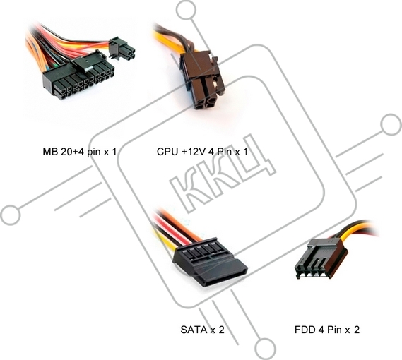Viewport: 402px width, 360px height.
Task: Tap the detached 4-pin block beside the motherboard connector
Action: coord(122,49)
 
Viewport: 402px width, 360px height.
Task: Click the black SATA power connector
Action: coord(209,263)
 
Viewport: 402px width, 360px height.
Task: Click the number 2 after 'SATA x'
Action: coord(221,330)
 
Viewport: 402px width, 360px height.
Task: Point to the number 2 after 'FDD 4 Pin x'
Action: coord(357,330)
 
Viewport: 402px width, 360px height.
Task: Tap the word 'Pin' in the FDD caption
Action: coord(333,330)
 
